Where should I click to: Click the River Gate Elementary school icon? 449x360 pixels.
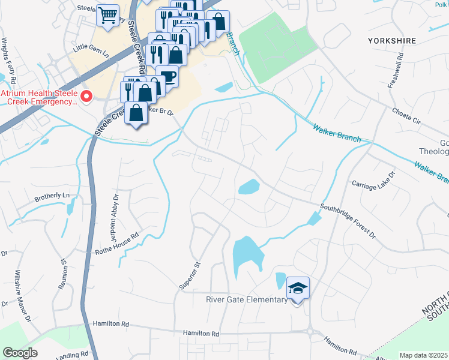point(298,289)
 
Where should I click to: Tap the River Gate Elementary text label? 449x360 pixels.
point(246,300)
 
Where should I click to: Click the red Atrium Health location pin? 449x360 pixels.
point(86,96)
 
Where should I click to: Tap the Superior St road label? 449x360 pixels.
point(189,274)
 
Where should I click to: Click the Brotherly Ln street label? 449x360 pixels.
point(52,196)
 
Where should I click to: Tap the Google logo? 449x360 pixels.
point(20,353)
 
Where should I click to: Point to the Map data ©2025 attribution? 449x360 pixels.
point(423,355)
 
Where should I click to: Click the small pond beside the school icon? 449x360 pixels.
point(280,280)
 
